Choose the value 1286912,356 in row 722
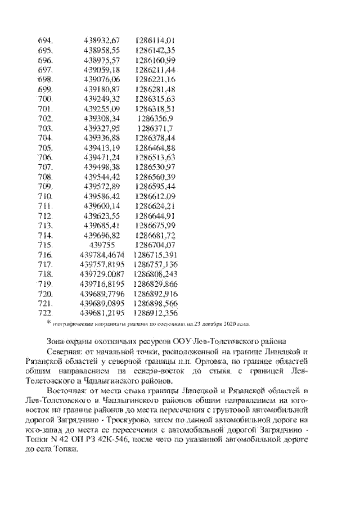click(156, 313)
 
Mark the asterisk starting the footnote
click(48, 322)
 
